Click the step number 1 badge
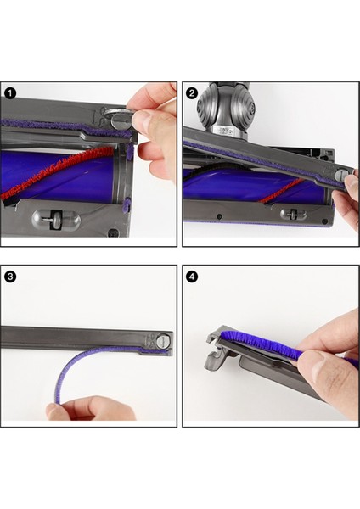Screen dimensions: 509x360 (x=11, y=92)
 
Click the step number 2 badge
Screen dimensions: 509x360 (x=192, y=92)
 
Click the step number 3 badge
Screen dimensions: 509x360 (x=11, y=276)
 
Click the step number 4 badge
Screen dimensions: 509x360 (x=192, y=276)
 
